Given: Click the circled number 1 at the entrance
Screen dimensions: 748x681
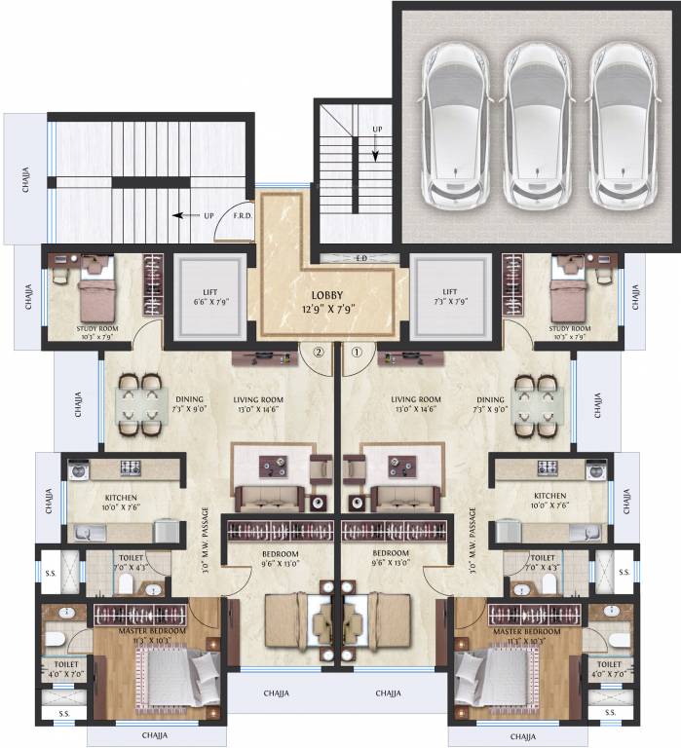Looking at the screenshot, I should point(357,353).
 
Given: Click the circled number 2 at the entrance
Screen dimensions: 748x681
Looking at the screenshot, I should point(318,353).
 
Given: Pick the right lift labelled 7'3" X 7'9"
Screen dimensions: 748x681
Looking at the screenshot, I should point(449,297).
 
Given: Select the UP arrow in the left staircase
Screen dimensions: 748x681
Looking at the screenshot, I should point(187,215).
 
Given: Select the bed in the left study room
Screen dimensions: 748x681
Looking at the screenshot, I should point(96,291).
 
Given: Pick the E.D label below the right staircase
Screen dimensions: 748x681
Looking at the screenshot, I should point(361,258).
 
